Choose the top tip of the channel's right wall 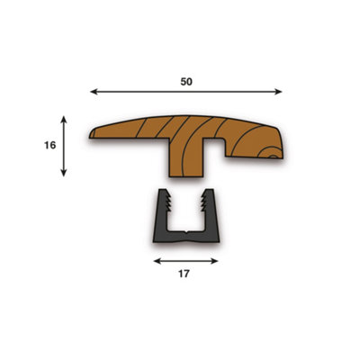tap(211, 193)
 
